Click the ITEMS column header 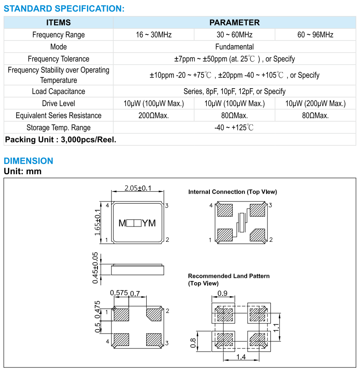pyautogui.click(x=58, y=23)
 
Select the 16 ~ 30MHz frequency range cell pyautogui.click(x=154, y=35)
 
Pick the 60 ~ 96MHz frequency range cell pyautogui.click(x=315, y=35)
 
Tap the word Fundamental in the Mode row pyautogui.click(x=234, y=47)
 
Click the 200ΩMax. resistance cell pyautogui.click(x=154, y=115)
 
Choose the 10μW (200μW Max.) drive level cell pyautogui.click(x=315, y=104)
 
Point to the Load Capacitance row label pyautogui.click(x=58, y=91)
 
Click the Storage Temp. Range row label pyautogui.click(x=58, y=128)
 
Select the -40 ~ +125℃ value pyautogui.click(x=234, y=128)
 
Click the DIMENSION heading pyautogui.click(x=28, y=161)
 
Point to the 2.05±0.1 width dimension pyautogui.click(x=138, y=188)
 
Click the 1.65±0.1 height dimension pyautogui.click(x=97, y=223)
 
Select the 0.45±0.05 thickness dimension pyautogui.click(x=95, y=268)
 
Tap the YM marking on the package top pyautogui.click(x=149, y=223)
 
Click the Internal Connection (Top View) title pyautogui.click(x=232, y=192)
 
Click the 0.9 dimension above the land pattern pyautogui.click(x=223, y=294)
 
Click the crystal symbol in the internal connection pyautogui.click(x=241, y=222)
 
